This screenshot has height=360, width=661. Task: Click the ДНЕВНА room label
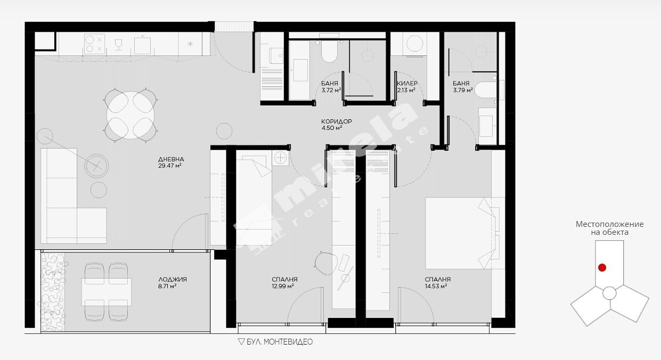coord(171,159)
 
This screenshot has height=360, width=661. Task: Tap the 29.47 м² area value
coord(170,166)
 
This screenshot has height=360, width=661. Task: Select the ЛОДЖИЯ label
coord(173,280)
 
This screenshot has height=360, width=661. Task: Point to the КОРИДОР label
coord(337,121)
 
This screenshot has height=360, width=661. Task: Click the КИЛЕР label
coord(407,84)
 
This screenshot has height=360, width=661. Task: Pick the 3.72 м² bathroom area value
coord(331,91)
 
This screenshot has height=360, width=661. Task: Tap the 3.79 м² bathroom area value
coord(463,91)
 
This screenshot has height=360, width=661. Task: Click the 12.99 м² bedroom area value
coord(283,286)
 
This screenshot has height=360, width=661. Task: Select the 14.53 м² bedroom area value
coord(436,286)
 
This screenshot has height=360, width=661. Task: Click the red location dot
coord(602,268)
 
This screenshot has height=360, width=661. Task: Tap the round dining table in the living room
coord(130,116)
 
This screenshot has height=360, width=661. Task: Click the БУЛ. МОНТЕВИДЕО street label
coord(280,342)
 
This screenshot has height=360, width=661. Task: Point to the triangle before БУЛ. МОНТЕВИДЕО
coord(241,342)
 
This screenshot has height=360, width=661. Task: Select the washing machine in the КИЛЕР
coord(414,44)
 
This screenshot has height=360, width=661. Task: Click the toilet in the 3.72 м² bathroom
coord(329,51)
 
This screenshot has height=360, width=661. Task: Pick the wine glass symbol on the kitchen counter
coord(118,45)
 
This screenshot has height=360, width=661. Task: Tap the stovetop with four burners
coord(94,44)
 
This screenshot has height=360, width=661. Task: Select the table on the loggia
coord(107,292)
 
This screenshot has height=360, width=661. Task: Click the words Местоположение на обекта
coord(610,228)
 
